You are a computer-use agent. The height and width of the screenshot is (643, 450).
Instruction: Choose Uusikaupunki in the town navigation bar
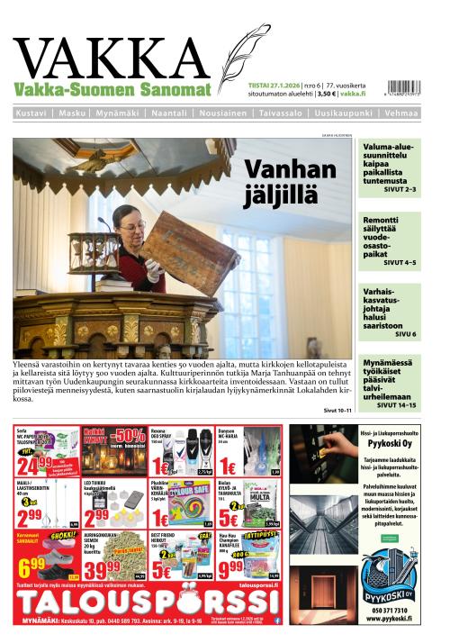(x=346, y=113)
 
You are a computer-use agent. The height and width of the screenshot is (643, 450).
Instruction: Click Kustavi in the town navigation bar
(x=32, y=113)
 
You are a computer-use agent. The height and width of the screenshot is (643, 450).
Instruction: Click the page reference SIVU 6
(x=406, y=333)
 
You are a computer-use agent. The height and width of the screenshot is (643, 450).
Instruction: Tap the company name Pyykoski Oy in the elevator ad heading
(x=386, y=445)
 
